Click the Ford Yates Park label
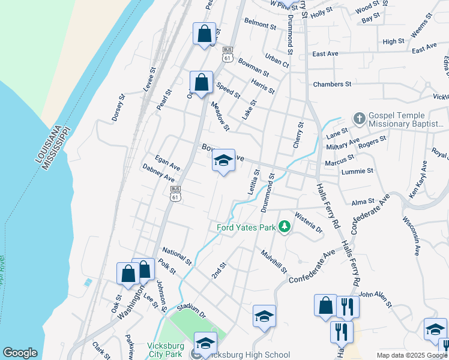click(246, 227)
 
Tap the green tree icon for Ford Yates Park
click(285, 227)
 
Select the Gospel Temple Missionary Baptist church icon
click(359, 118)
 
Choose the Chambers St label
click(331, 85)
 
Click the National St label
click(176, 257)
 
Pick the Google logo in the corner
click(20, 353)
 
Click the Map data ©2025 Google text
click(412, 355)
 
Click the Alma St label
click(363, 202)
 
